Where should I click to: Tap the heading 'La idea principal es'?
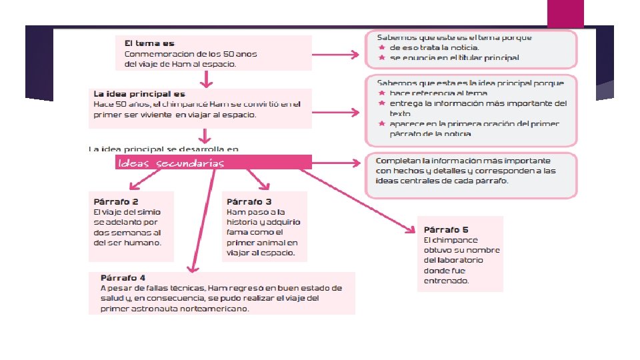click(139, 94)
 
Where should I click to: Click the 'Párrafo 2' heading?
click(116, 201)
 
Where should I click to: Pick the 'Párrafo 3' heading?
click(249, 201)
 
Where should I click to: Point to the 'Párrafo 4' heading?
click(123, 277)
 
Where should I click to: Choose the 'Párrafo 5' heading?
click(446, 229)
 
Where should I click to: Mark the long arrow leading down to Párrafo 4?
click(197, 220)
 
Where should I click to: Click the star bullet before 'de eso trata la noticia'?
click(381, 48)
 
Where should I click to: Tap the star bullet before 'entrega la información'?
click(381, 103)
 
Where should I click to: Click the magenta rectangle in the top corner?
click(565, 13)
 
